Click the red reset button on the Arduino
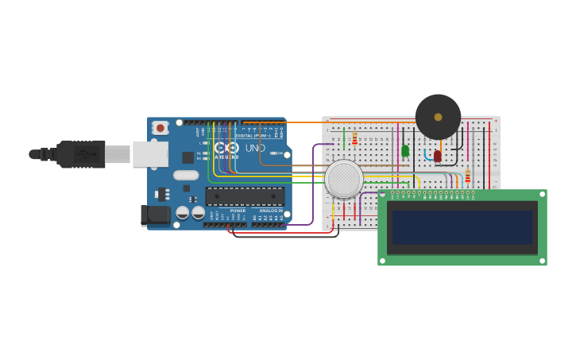click(x=160, y=127)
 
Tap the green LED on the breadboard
click(x=405, y=150)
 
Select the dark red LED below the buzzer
click(x=438, y=156)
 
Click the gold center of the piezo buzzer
click(x=438, y=117)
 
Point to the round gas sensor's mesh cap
click(x=344, y=179)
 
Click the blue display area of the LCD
click(x=462, y=227)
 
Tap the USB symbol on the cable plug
click(x=83, y=153)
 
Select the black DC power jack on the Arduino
click(x=155, y=214)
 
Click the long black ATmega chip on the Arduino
click(x=245, y=196)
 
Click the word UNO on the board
click(x=255, y=148)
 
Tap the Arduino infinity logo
click(x=226, y=148)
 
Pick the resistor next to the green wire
click(x=354, y=140)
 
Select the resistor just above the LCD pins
click(x=467, y=176)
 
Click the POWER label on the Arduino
click(x=238, y=211)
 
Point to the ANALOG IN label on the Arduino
click(x=271, y=211)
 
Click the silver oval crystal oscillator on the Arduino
click(x=186, y=175)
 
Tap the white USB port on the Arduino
click(x=149, y=154)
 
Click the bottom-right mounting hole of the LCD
click(x=542, y=260)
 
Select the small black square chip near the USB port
click(x=187, y=157)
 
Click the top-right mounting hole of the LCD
click(x=542, y=195)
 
